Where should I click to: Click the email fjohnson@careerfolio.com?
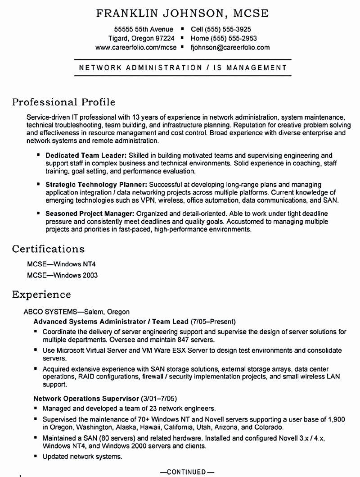click(230, 47)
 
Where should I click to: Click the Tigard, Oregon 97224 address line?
click(141, 38)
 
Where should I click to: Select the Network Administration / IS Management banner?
click(183, 68)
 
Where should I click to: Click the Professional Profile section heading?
click(63, 102)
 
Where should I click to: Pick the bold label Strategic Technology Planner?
click(96, 185)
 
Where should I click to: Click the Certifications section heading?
click(48, 249)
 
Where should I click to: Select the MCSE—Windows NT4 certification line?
click(62, 264)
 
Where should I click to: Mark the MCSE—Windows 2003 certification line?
click(63, 275)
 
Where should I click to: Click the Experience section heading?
click(41, 295)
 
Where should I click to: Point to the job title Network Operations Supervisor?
click(86, 399)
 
